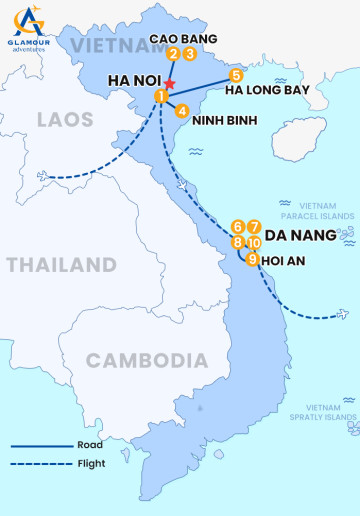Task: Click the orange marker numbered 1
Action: (160, 95)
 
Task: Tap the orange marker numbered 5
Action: (236, 75)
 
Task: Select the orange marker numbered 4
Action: (181, 111)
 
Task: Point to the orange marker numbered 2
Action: (174, 55)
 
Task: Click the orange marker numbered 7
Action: (255, 227)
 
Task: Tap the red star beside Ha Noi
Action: (171, 83)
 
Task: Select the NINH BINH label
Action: (224, 120)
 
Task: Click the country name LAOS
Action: (64, 120)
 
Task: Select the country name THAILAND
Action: (61, 265)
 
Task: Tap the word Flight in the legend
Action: (91, 463)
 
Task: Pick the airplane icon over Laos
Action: (43, 177)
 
